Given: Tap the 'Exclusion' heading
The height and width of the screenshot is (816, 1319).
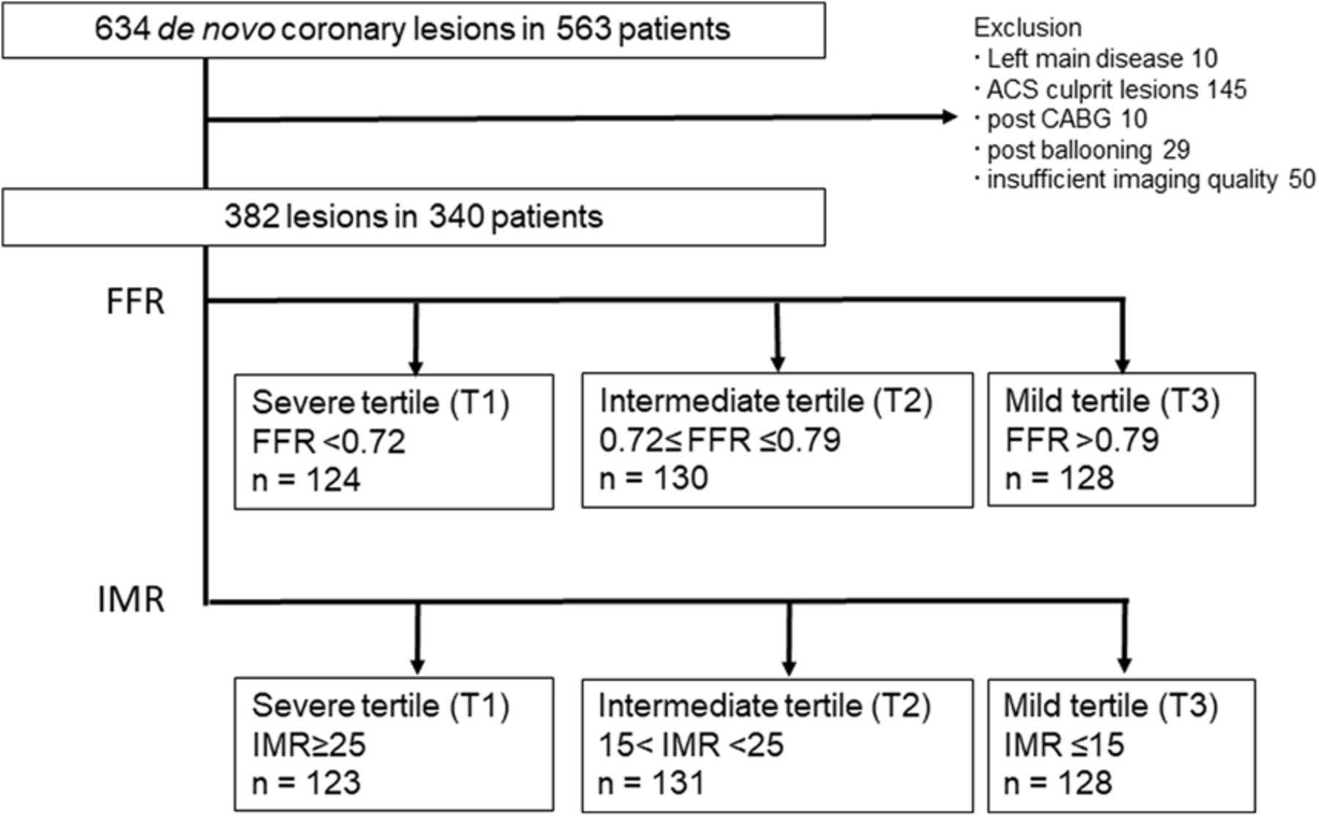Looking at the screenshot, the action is click(1027, 28).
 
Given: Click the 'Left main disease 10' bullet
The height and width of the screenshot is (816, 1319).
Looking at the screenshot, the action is click(1102, 59).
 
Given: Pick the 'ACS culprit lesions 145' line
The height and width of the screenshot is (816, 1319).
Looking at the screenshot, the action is click(1116, 89).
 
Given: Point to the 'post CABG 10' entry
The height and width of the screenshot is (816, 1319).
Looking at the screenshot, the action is click(1067, 119).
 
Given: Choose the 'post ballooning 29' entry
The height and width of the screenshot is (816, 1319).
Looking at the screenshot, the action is click(1088, 150).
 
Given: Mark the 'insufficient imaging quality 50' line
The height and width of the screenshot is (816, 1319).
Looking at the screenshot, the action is click(1151, 180).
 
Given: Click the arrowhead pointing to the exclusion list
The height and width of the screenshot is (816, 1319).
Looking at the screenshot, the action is click(950, 117).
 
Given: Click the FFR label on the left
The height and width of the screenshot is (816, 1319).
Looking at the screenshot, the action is click(136, 301).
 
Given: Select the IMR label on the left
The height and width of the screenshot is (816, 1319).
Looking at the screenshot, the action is click(131, 600).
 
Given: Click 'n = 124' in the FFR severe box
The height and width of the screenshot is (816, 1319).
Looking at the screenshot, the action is click(306, 480).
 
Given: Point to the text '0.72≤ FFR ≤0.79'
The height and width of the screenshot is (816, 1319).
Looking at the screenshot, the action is click(720, 440).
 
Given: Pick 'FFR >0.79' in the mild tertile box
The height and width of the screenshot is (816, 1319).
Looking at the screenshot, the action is click(1082, 440).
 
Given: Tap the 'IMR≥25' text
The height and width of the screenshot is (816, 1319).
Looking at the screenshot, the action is click(308, 745).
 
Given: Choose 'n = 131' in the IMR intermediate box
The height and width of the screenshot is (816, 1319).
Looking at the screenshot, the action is click(651, 783).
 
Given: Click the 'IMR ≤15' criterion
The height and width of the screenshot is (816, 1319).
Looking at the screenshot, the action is click(1063, 745).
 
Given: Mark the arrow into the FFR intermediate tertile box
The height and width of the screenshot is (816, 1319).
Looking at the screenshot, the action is click(777, 336).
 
